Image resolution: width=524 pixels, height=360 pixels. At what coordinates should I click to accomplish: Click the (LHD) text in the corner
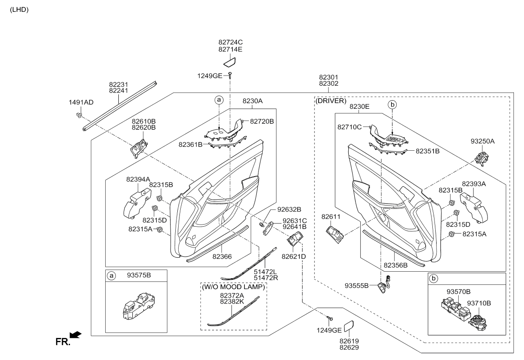pos(19,10)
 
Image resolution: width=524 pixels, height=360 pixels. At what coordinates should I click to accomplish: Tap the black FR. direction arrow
pos(76,335)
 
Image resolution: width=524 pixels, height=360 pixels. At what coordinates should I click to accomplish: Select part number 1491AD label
pos(81,102)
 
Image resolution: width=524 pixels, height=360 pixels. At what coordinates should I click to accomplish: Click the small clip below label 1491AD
pos(79,115)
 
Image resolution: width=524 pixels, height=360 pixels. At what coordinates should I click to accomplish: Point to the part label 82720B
pos(262,121)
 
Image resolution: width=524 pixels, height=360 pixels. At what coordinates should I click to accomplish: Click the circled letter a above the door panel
pos(219,100)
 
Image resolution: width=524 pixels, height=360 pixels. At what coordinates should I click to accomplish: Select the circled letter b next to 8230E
pos(392,104)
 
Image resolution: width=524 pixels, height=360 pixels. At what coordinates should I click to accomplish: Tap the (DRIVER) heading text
pos(331,101)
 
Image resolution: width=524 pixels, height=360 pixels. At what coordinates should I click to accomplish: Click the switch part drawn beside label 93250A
pos(482,159)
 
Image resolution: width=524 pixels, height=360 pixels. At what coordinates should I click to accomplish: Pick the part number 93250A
pos(482,141)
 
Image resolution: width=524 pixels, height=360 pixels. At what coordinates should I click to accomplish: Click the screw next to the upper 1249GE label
pos(230,76)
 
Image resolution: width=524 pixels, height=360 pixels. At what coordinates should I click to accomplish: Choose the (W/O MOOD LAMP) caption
pos(233,287)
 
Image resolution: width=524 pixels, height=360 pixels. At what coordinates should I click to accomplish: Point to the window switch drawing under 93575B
pos(139,306)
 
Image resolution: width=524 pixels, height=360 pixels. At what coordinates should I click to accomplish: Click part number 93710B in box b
pos(479,303)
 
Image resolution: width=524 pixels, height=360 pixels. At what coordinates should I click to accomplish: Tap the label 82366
pos(222,256)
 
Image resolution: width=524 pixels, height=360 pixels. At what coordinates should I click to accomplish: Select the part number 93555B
pos(356,286)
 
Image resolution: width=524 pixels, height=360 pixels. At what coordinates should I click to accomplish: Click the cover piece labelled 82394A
pos(137,203)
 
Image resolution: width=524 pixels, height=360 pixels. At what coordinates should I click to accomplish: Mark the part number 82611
pos(331,217)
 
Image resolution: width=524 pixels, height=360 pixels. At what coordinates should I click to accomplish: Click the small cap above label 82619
pos(349,326)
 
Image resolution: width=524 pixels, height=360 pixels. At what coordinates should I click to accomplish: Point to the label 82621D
pos(294,256)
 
